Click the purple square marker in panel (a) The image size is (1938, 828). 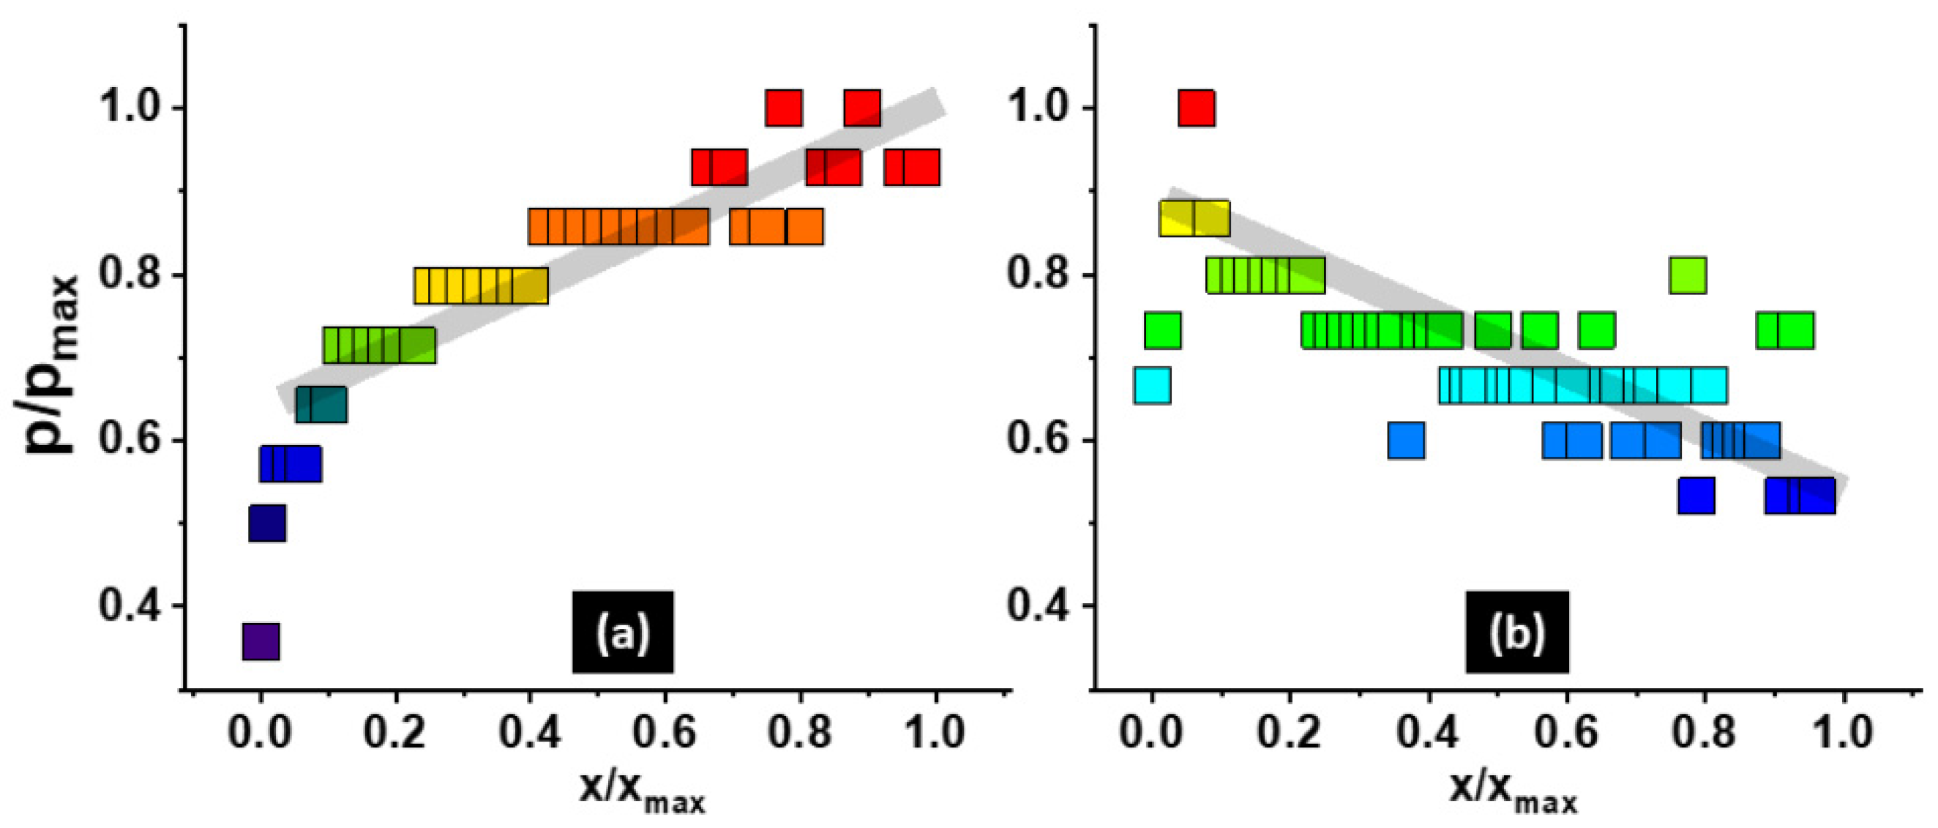(x=261, y=641)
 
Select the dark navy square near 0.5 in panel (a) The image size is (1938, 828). (x=267, y=523)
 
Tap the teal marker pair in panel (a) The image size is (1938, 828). (x=321, y=404)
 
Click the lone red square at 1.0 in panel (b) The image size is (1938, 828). (x=1196, y=108)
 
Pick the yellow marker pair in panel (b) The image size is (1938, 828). (x=1194, y=218)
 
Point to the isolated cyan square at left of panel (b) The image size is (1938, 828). (x=1152, y=385)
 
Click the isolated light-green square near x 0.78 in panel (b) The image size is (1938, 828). (x=1688, y=275)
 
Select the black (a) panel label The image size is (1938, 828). (x=623, y=632)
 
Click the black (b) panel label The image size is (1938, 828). (x=1516, y=632)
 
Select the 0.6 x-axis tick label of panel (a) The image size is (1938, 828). (x=664, y=732)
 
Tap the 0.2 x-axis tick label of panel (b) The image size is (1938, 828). (x=1289, y=732)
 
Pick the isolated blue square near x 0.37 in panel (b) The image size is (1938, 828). (x=1406, y=440)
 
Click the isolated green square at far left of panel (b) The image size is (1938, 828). (x=1162, y=329)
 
